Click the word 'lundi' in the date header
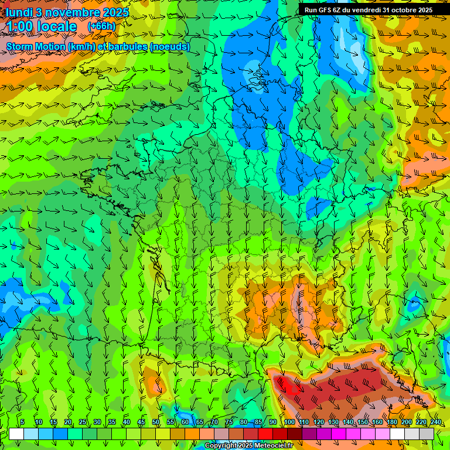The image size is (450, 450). pyautogui.click(x=18, y=12)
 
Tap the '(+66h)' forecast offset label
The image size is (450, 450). pyautogui.click(x=101, y=26)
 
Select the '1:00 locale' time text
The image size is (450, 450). pyautogui.click(x=42, y=26)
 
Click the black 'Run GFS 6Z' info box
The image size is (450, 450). pyautogui.click(x=368, y=9)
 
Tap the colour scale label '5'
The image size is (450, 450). pyautogui.click(x=22, y=422)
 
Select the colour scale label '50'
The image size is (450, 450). pyautogui.click(x=156, y=422)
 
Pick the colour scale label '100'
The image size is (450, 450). pyautogui.click(x=289, y=422)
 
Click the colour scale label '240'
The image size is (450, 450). pyautogui.click(x=435, y=422)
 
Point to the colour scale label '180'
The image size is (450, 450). pyautogui.click(x=391, y=422)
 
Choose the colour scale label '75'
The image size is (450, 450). pyautogui.click(x=229, y=422)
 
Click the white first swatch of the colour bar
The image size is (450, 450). pyautogui.click(x=16, y=434)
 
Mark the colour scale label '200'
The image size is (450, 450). pyautogui.click(x=406, y=422)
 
